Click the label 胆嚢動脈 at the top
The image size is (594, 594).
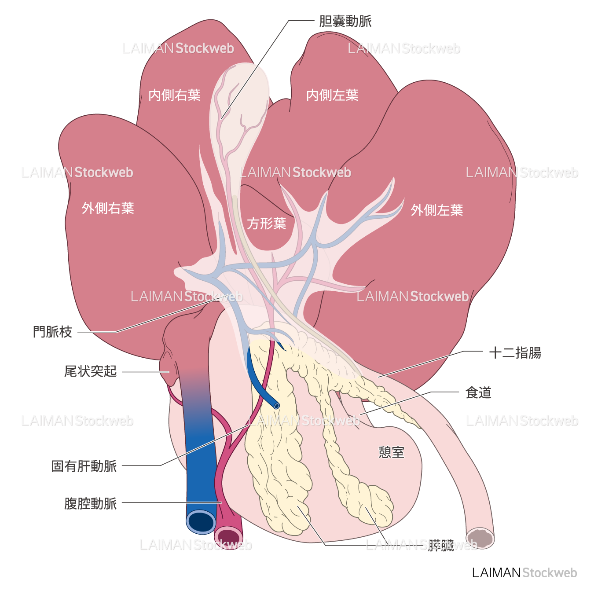pos(345,21)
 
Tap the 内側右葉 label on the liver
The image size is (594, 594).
pos(174,95)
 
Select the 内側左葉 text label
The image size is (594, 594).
pos(332,95)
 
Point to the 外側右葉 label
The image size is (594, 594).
pos(108,208)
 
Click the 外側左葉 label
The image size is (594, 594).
pos(437,210)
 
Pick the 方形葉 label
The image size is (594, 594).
pos(266,224)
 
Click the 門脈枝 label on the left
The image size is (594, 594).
pos(52,332)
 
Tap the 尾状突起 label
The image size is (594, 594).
pos(91,371)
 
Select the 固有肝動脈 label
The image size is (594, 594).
pos(84,466)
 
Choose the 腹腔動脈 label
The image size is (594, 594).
pos(91,503)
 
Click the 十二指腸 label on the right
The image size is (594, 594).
pos(515,352)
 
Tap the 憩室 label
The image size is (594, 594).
pos(391,452)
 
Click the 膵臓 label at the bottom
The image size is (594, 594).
pos(441,546)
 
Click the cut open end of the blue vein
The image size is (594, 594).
pos(201,522)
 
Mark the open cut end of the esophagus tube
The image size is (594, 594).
pos(480,538)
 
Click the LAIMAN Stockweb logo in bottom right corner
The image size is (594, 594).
pos(524,572)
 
